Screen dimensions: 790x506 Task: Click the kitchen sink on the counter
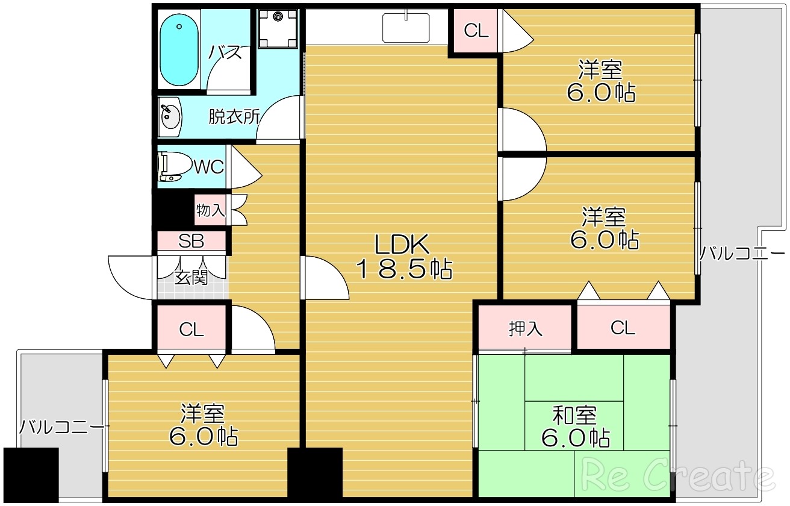pos(406,28)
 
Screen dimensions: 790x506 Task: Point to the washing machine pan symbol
pos(278,28)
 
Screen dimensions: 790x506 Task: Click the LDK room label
pos(402,244)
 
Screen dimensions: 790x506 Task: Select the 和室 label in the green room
pos(574,415)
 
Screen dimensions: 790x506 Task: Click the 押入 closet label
pos(525,328)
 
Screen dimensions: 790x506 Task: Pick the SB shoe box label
pos(191,242)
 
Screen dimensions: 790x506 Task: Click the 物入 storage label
pos(210,211)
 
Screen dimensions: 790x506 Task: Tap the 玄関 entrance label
pos(191,278)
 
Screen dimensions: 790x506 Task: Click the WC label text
pos(209,166)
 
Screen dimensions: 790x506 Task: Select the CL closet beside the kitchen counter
pos(476,31)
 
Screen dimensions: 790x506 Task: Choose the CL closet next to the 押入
pos(623,328)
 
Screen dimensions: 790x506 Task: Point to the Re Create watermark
pos(678,475)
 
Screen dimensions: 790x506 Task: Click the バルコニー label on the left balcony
pos(61,427)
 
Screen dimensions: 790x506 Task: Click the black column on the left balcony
pos(31,475)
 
